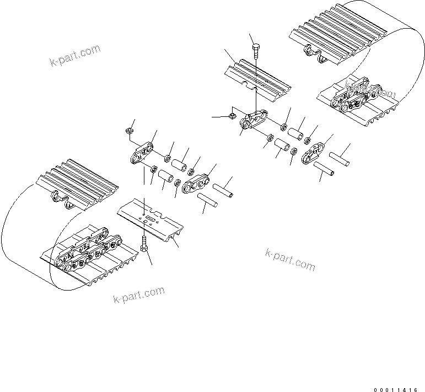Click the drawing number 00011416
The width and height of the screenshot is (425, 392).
click(x=398, y=389)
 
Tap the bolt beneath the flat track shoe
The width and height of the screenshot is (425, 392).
click(x=144, y=248)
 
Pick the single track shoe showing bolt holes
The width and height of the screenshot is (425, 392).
click(x=150, y=221)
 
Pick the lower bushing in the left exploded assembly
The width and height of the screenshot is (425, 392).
click(x=165, y=178)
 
